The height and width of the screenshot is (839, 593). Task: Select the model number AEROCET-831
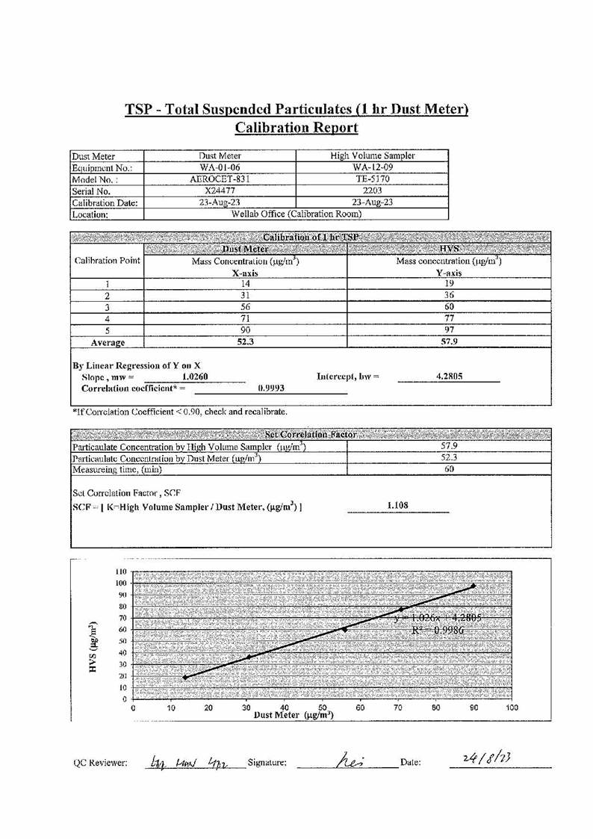tap(219, 179)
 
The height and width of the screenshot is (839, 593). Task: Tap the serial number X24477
tap(219, 191)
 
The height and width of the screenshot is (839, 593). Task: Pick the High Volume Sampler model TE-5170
tap(372, 179)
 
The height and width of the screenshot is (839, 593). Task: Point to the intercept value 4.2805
tap(448, 377)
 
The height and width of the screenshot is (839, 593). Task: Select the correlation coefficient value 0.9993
tap(270, 388)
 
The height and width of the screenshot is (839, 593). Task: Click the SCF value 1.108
tap(397, 506)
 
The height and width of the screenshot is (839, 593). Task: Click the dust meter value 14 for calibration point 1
tap(245, 284)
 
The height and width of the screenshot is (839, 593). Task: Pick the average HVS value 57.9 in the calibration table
tap(450, 342)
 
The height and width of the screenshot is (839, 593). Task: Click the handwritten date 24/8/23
tap(489, 760)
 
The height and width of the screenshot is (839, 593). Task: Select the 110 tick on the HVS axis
tap(120, 572)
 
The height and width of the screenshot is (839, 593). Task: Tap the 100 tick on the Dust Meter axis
tap(512, 707)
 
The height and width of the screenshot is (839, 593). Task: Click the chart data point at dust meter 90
tap(474, 586)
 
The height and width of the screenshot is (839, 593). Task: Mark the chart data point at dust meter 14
tap(185, 677)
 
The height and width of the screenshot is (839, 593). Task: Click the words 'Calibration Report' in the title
tap(296, 128)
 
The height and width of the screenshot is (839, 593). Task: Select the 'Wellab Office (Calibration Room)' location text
tap(297, 214)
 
